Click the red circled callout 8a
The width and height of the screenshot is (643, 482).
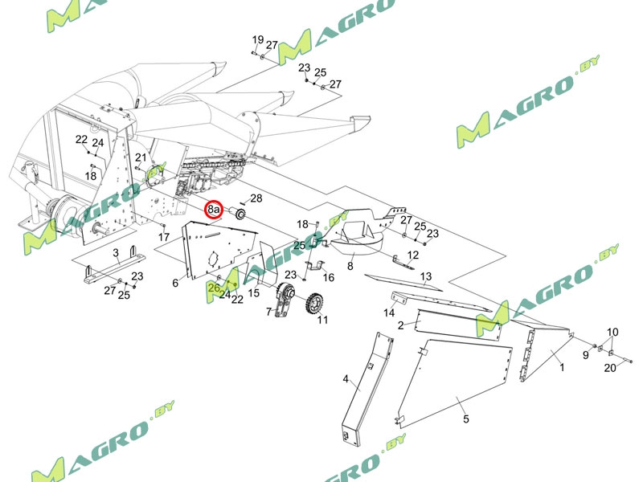(x=214, y=210)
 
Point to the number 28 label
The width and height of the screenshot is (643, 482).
(x=256, y=198)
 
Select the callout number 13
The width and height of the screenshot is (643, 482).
(x=426, y=276)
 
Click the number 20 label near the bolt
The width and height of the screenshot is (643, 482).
(x=610, y=368)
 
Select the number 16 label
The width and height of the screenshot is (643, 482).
(x=328, y=277)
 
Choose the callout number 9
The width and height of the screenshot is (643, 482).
(x=586, y=355)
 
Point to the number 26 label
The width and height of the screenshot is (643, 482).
(x=214, y=287)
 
